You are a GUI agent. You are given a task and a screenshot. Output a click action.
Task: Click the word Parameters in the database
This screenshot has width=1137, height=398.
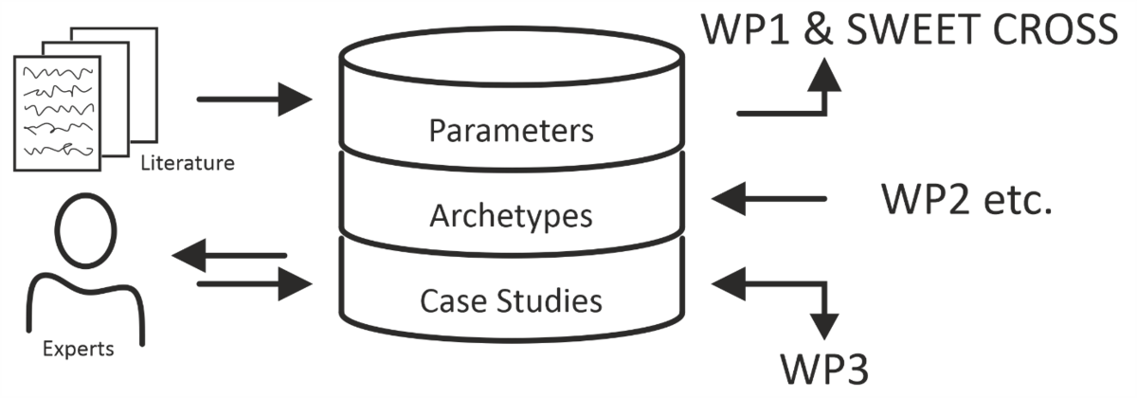coord(511,130)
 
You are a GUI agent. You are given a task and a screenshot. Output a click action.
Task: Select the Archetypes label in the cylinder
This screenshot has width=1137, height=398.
coord(511,215)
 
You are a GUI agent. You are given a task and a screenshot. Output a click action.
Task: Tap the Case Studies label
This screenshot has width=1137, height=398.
coord(511,300)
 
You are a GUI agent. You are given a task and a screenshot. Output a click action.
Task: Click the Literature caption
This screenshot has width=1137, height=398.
coord(187,164)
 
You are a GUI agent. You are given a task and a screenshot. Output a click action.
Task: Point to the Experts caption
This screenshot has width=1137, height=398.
coord(78,350)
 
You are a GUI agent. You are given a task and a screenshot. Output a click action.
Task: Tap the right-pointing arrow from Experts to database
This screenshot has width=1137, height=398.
coord(254,281)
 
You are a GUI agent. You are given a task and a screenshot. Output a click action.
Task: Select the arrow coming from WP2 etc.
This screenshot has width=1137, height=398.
coord(768,199)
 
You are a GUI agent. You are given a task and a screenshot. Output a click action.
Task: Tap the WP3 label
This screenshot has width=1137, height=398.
coord(824,365)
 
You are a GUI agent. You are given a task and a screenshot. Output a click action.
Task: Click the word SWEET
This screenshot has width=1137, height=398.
coord(910,30)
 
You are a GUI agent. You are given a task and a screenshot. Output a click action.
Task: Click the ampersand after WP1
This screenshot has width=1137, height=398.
coord(810,30)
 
